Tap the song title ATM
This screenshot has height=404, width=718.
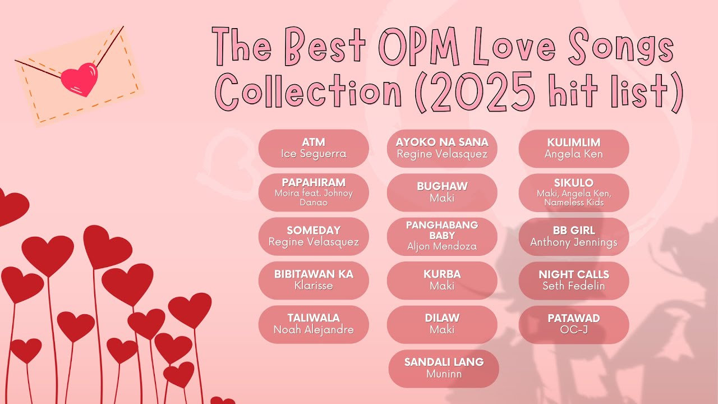coord(314,142)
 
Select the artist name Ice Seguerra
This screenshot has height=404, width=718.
coord(314,154)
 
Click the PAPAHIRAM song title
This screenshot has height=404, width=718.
coord(314,182)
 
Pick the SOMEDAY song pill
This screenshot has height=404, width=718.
coord(314,236)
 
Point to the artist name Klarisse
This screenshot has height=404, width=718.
coord(314,286)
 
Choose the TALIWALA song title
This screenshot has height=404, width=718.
coord(314,318)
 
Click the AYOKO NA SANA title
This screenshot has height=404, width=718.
coord(442,142)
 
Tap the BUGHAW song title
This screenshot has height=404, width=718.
coord(442,186)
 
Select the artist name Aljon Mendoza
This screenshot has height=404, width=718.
coord(442,246)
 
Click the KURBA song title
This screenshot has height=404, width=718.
coord(442,274)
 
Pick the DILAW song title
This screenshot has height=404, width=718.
coord(442,318)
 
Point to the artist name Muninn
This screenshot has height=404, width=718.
coord(444,374)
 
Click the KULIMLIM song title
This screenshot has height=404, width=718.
coord(574,142)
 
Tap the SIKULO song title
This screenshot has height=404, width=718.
coord(574,183)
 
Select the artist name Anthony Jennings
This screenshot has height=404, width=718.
coord(574,242)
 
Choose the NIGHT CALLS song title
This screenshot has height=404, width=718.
coord(574,274)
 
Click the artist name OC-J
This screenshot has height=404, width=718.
coord(574,329)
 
